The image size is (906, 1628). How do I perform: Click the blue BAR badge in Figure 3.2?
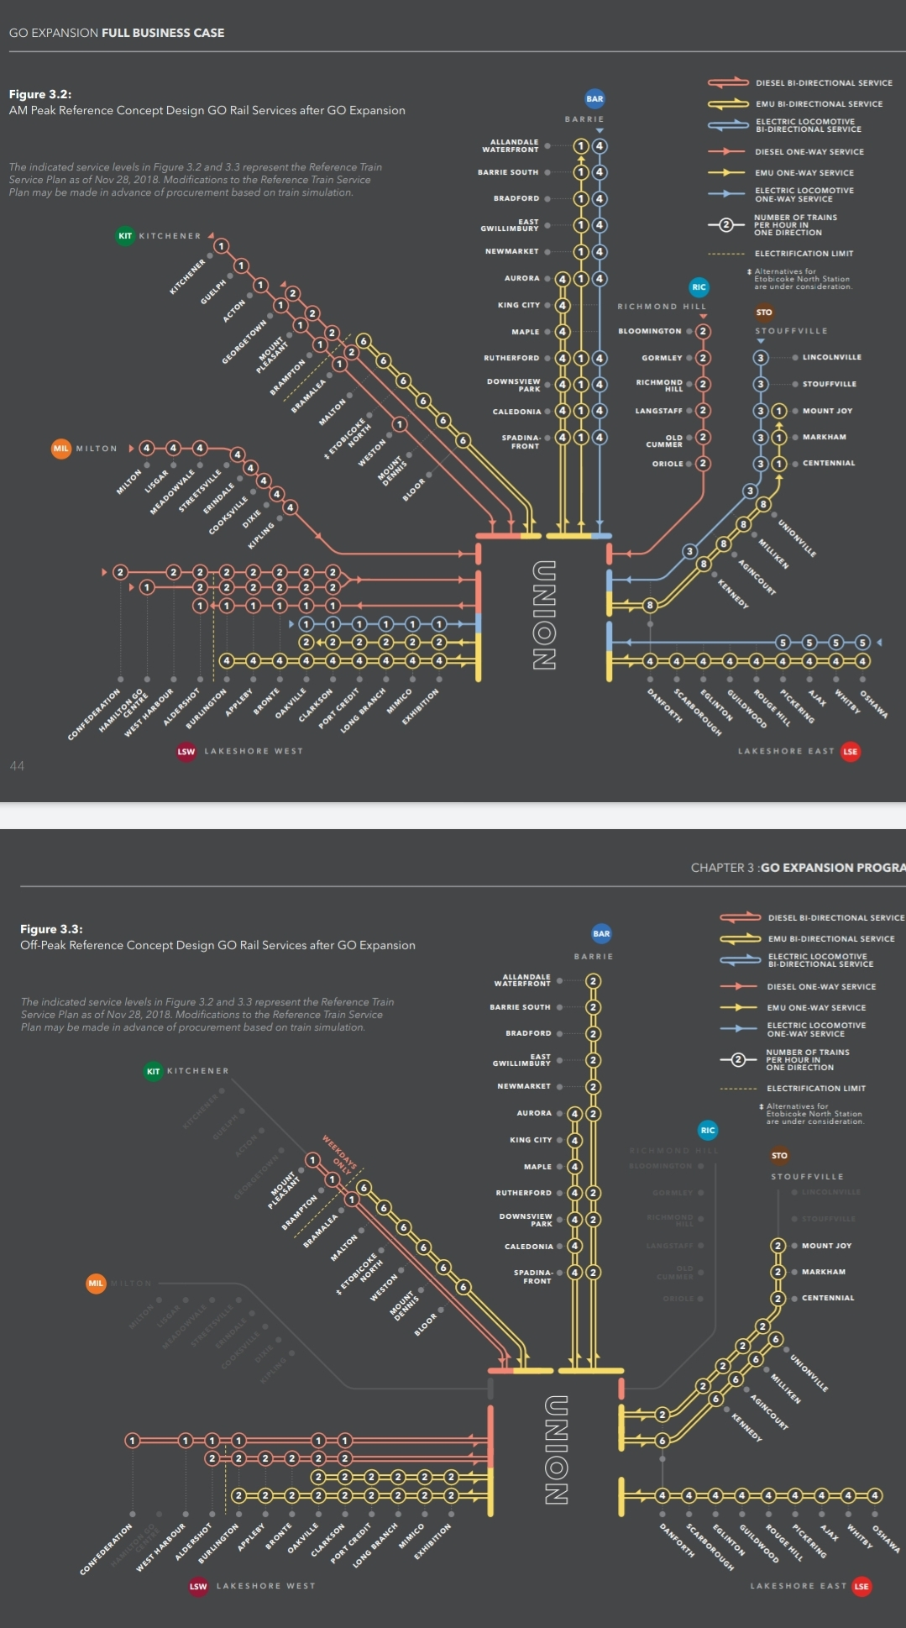(594, 99)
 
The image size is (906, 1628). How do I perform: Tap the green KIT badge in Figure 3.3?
(153, 1071)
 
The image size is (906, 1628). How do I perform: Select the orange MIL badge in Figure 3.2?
(61, 449)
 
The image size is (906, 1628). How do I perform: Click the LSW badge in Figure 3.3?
(198, 1586)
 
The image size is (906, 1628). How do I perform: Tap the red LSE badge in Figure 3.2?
(851, 752)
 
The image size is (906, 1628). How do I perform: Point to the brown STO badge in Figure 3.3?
(779, 1156)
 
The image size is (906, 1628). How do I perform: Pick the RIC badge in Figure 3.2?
(699, 287)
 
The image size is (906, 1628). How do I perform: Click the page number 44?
(17, 765)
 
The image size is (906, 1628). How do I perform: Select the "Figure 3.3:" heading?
(51, 929)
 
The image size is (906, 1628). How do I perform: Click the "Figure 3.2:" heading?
(40, 94)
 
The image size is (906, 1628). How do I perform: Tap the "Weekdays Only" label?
(341, 1153)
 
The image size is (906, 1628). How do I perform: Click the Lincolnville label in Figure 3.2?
(831, 357)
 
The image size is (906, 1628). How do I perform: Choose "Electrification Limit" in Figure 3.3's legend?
(815, 1088)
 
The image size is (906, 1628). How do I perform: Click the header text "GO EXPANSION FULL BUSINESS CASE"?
(117, 33)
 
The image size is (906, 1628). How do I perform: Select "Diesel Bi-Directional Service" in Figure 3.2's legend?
(823, 83)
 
